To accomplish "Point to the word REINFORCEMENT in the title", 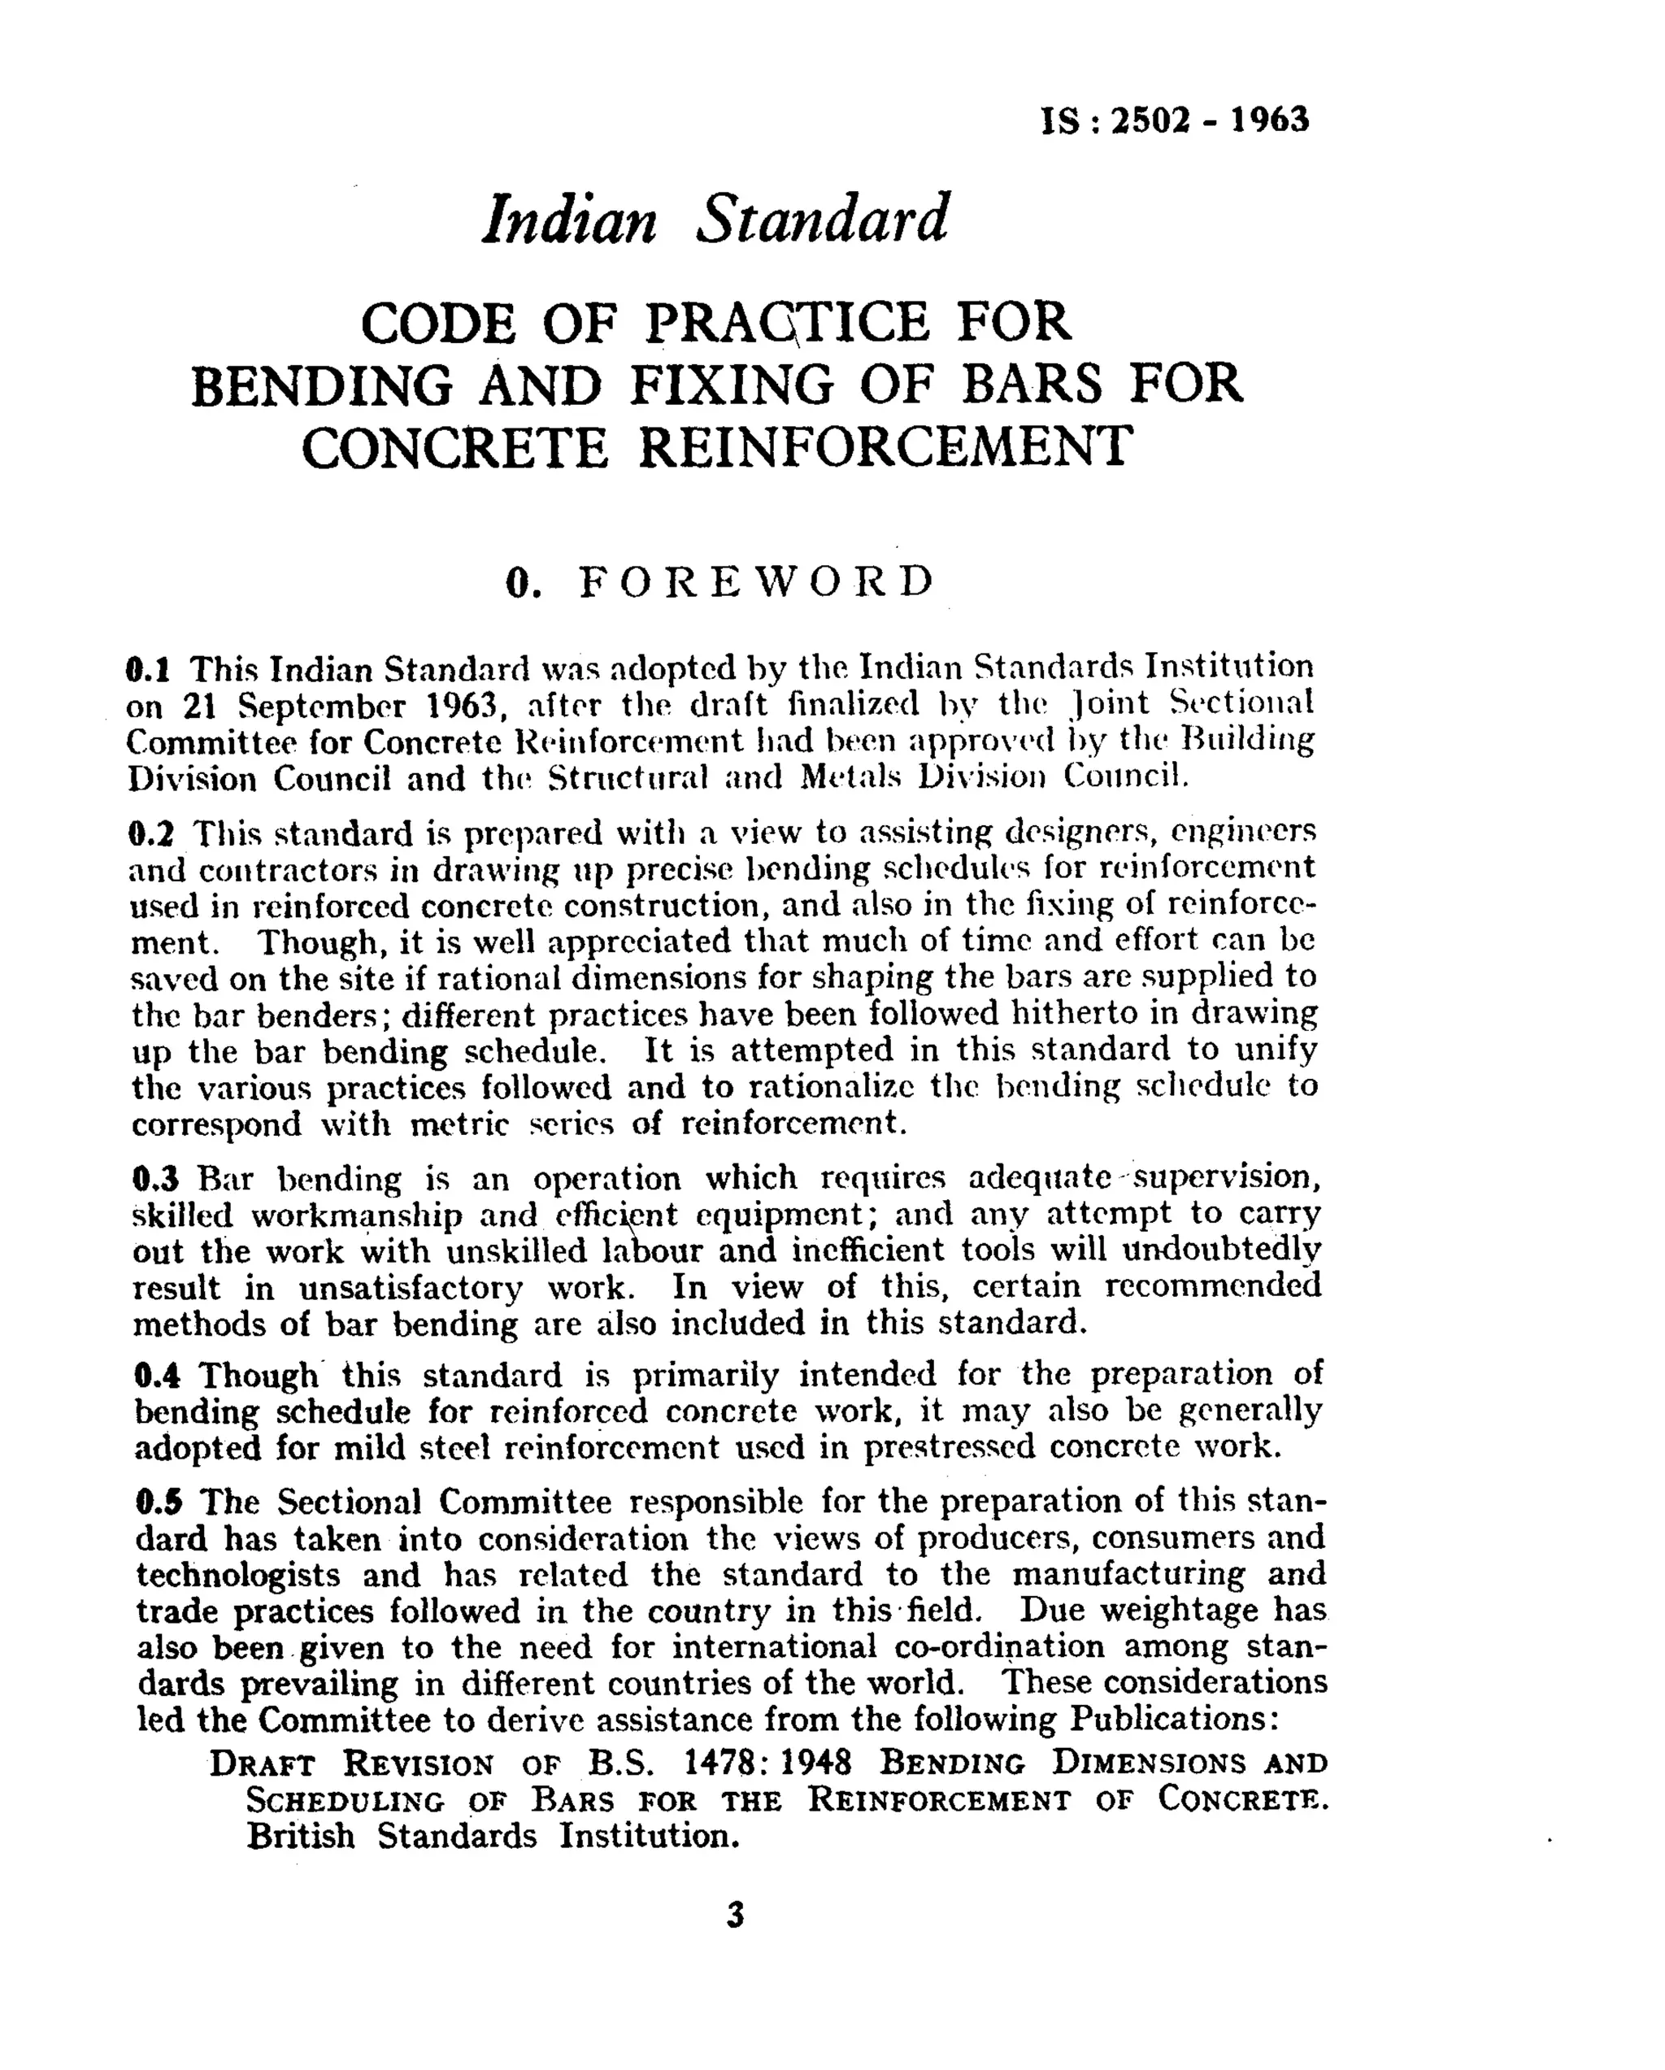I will tap(885, 447).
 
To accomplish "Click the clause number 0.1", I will tap(148, 668).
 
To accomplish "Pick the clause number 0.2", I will tap(150, 833).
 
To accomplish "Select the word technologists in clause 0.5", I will tap(238, 1576).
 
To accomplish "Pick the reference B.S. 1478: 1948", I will tap(718, 1763).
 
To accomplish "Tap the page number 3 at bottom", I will tap(735, 1916).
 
